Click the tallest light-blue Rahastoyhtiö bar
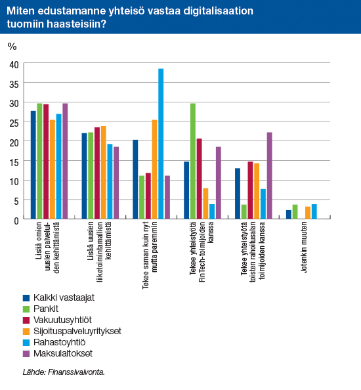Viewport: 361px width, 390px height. [x=161, y=144]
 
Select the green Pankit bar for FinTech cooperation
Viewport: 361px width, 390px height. [x=193, y=162]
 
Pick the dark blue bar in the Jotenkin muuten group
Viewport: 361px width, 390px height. [x=289, y=215]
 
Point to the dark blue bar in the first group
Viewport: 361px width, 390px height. [x=33, y=165]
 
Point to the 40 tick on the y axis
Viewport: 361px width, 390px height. [x=14, y=64]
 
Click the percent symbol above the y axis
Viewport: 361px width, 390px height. [x=11, y=47]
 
